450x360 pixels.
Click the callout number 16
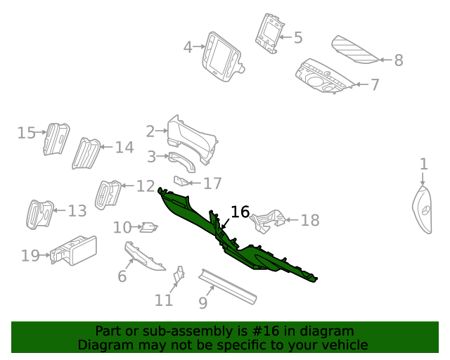(x=240, y=212)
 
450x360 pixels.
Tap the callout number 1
(x=423, y=165)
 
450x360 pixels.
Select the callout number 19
(x=30, y=255)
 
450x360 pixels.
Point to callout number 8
(x=399, y=60)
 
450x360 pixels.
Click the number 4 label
(x=188, y=48)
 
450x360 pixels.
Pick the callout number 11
(x=164, y=300)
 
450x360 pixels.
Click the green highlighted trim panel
(x=239, y=243)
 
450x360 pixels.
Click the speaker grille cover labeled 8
(x=355, y=49)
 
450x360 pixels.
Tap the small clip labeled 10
(x=149, y=226)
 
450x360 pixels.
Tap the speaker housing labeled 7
(x=325, y=79)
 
